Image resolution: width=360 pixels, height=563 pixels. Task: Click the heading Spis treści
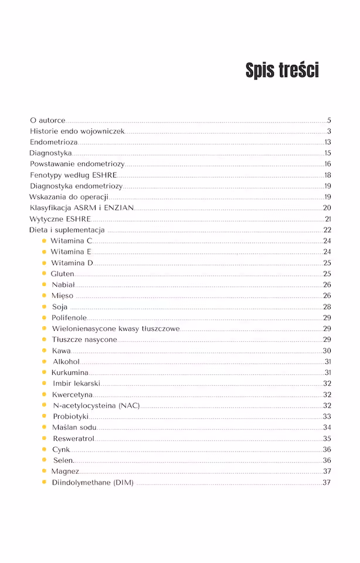click(x=282, y=71)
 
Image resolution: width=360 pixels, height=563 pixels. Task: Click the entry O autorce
click(x=47, y=120)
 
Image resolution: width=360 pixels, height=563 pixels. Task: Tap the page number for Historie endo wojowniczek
click(x=329, y=131)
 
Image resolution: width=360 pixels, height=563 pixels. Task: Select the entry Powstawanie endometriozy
click(x=77, y=164)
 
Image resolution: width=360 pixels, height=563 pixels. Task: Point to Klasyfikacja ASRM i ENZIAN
click(x=82, y=208)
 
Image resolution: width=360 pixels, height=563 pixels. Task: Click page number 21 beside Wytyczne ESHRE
click(x=328, y=219)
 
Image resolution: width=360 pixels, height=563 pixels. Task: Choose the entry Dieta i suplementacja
click(x=67, y=230)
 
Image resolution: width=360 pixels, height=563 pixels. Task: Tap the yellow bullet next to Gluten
click(x=44, y=274)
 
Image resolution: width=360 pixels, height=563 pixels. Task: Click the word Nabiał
click(x=63, y=284)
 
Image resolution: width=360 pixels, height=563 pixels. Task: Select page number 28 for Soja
click(x=327, y=307)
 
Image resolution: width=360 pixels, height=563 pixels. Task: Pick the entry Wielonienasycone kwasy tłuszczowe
click(x=116, y=328)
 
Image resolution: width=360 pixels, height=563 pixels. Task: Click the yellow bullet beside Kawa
click(x=44, y=351)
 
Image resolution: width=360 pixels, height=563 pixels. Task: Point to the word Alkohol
click(x=66, y=362)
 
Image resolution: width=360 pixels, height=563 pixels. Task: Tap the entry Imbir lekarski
click(x=76, y=384)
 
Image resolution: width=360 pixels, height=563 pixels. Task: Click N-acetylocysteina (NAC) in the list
click(x=96, y=405)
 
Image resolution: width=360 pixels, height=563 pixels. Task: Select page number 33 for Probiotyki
click(x=327, y=416)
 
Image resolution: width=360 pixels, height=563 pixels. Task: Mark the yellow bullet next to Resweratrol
click(x=44, y=439)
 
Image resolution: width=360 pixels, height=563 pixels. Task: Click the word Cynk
click(x=61, y=450)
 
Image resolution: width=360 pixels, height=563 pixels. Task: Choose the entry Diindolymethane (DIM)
click(x=93, y=483)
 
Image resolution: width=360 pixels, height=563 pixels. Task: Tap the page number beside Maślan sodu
click(x=327, y=428)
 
